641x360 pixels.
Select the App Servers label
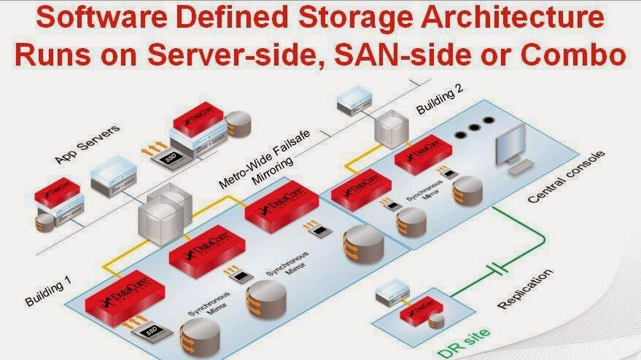tap(88, 144)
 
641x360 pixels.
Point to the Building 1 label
tap(48, 290)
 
